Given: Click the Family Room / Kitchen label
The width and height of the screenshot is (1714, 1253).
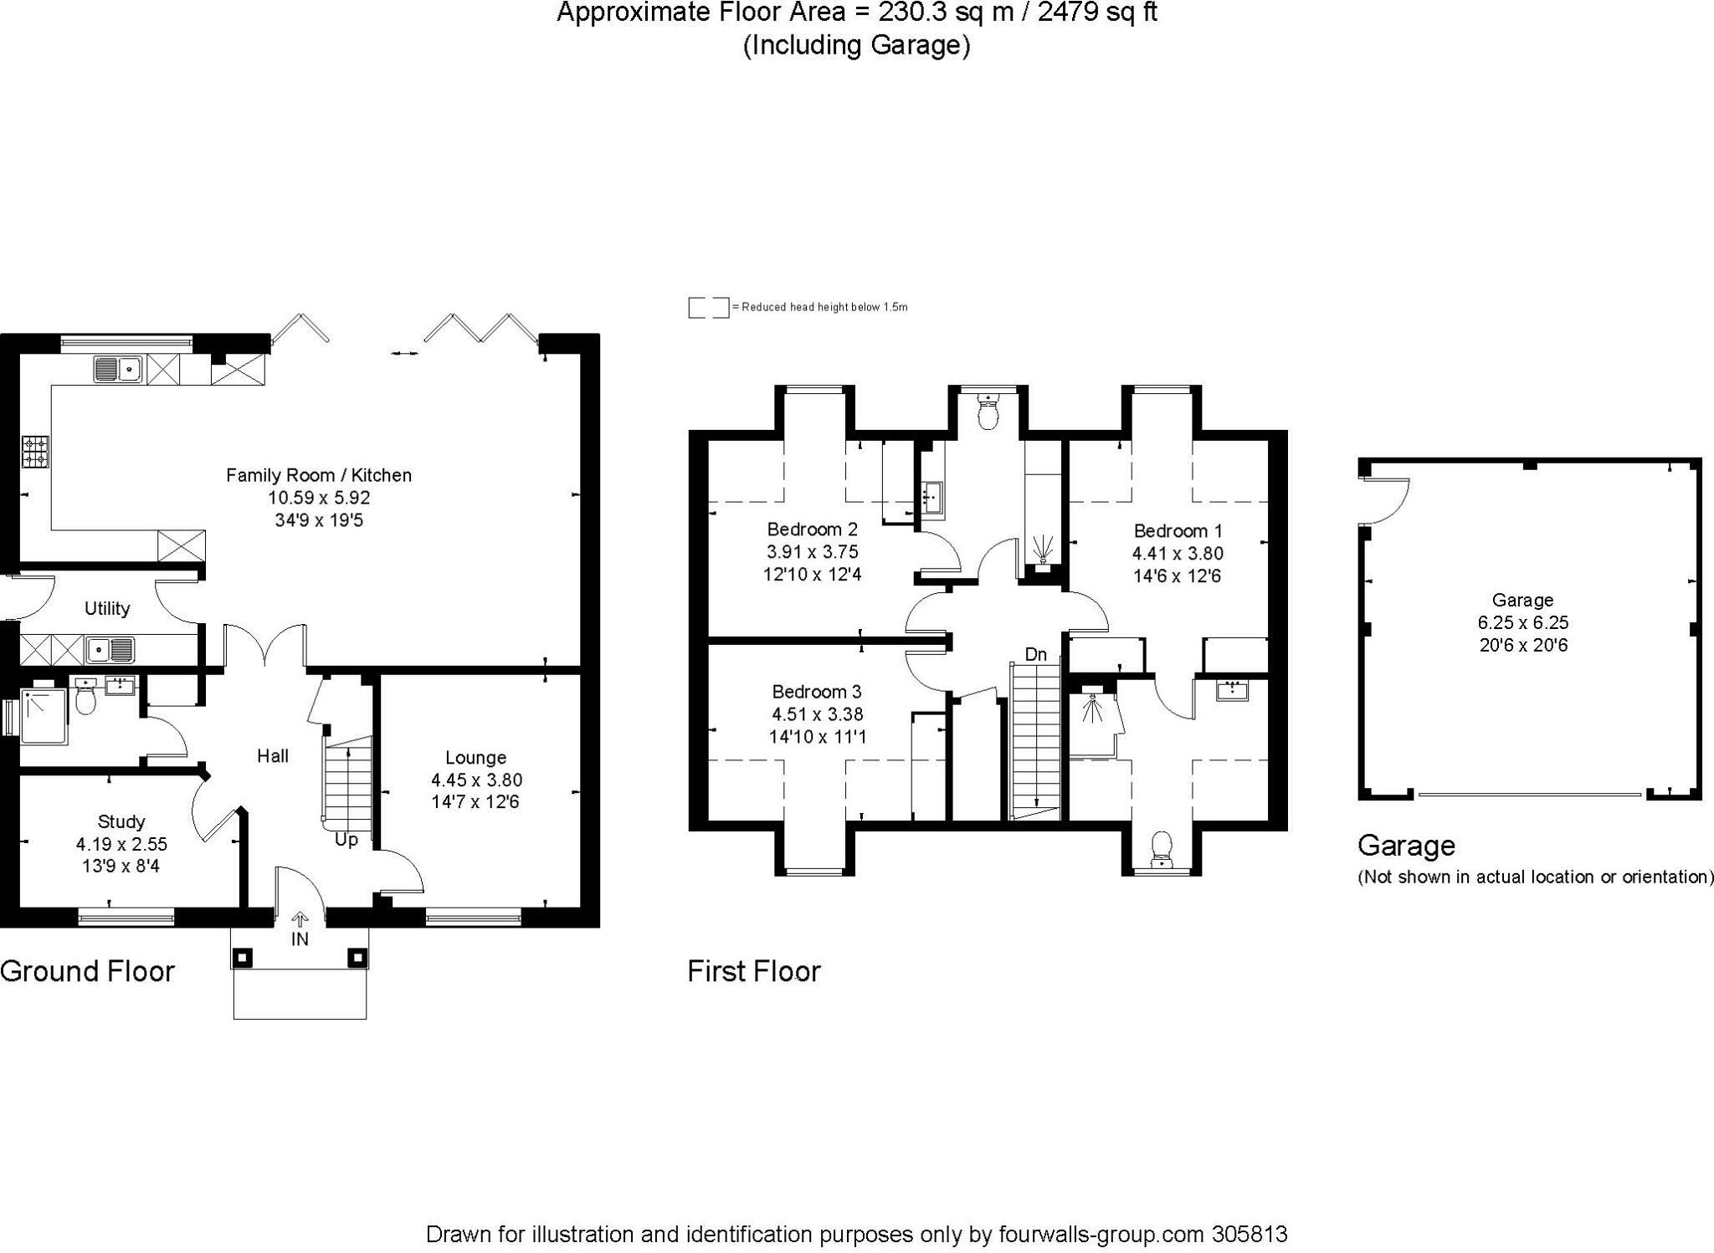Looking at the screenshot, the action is pos(319,475).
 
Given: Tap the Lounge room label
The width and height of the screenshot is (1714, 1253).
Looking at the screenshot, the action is pos(475,758).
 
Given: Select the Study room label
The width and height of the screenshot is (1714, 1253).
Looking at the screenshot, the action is pos(121,821).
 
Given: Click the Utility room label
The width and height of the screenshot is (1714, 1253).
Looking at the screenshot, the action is pos(107,608).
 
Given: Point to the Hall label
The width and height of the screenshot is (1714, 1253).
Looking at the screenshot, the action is pos(273,756).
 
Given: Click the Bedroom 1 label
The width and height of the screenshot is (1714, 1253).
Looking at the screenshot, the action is pos(1178,530).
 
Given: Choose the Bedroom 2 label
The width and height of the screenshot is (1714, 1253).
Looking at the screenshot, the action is pos(812,529).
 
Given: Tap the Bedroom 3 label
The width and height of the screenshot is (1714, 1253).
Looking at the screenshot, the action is pos(816,692).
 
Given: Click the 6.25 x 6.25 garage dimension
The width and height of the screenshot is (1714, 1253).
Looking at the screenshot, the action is pos(1522,622).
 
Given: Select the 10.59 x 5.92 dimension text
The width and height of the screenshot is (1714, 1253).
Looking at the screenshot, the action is pos(319,498).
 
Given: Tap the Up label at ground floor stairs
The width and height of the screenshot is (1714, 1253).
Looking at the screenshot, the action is pos(346,839).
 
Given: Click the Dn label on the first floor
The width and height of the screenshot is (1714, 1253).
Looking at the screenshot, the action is pos(1036,654).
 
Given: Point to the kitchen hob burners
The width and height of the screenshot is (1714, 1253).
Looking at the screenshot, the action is pos(35,450).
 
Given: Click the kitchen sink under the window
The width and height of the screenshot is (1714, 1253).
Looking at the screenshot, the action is pos(118,368).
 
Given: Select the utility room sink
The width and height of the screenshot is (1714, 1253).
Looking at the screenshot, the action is pos(111,648).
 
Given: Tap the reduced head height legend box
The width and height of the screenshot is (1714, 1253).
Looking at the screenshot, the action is pos(708,307).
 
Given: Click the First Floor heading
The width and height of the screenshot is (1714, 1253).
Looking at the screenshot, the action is pos(753,971).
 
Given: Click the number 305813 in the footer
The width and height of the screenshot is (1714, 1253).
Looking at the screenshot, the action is pos(1249,1235).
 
